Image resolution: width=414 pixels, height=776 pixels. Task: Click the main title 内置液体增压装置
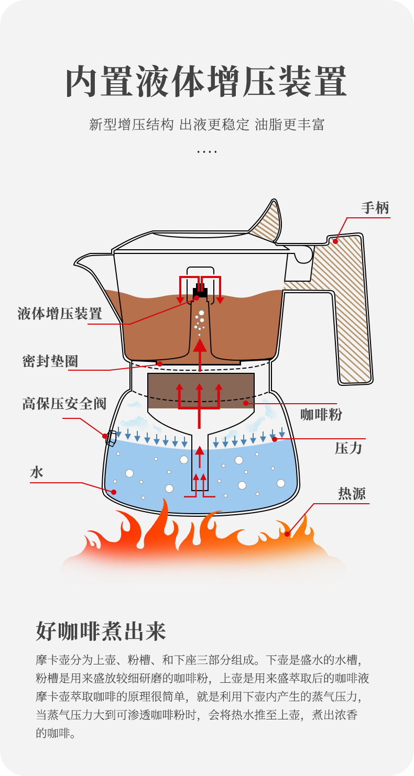pos(206,82)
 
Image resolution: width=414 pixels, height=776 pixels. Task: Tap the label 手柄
pos(375,208)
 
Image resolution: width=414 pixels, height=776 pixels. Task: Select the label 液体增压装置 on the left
pos(60,314)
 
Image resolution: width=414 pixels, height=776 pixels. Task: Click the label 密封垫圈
pos(50,361)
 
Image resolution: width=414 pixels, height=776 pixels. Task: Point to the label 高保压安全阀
pos(64,404)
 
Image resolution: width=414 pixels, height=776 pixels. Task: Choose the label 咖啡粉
pos(321,415)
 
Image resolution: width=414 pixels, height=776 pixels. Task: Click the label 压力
pos(348,448)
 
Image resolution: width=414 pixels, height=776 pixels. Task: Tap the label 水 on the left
pos(37,472)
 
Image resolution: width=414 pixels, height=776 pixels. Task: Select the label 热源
pos(352,494)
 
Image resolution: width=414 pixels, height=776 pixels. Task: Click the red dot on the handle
pos(335,241)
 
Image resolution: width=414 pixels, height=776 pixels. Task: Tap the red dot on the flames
pos(287,534)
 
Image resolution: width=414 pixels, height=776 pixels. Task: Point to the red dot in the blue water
pos(113,492)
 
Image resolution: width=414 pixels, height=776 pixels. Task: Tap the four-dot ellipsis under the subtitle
pos(206,152)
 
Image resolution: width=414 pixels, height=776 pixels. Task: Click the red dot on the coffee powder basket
pos(245,403)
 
